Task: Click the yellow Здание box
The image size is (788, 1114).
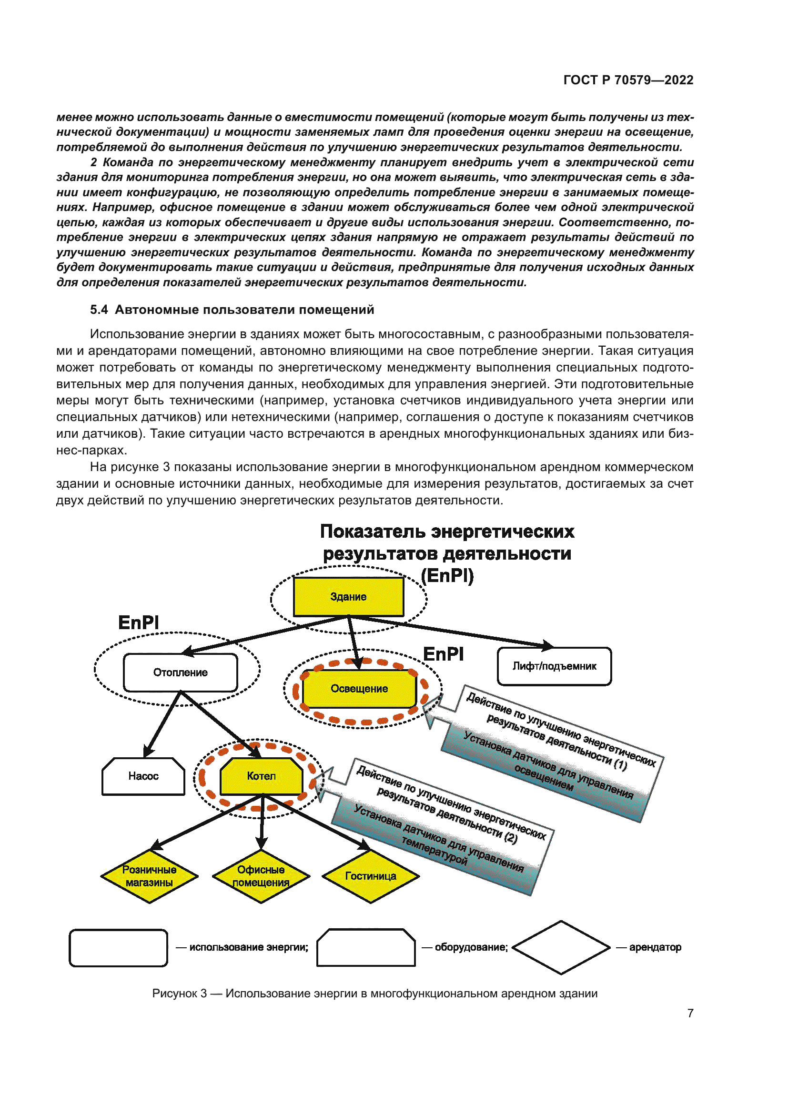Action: [348, 596]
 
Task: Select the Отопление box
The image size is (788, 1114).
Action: [181, 672]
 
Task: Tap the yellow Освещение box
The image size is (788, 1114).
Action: [359, 689]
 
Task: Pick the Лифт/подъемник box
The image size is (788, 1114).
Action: [554, 666]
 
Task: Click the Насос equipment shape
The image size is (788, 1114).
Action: [143, 776]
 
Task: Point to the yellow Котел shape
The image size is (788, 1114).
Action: [261, 776]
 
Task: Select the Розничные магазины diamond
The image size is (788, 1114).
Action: [150, 876]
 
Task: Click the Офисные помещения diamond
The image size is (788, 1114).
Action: [261, 876]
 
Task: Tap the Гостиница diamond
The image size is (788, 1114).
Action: [371, 876]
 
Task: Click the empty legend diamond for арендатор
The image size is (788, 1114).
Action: [561, 947]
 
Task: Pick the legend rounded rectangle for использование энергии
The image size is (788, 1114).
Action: [119, 948]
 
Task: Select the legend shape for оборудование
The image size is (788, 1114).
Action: [366, 948]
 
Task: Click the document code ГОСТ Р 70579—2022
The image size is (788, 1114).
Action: [628, 80]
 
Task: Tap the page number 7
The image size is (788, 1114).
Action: [690, 1013]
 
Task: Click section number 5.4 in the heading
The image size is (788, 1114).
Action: [99, 310]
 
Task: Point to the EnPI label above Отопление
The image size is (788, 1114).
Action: [139, 622]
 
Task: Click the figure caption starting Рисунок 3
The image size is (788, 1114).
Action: [374, 993]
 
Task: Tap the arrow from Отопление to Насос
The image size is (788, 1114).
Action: [162, 724]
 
